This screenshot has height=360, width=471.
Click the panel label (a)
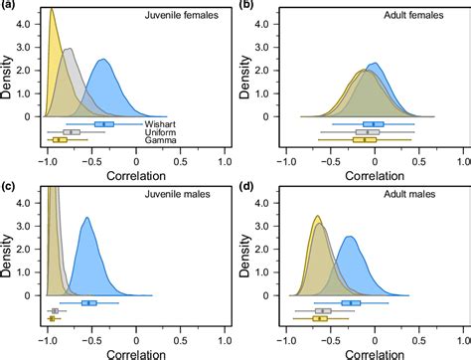(10, 6)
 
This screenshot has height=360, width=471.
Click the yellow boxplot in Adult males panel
(320, 318)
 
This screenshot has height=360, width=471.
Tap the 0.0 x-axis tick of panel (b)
(374, 161)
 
